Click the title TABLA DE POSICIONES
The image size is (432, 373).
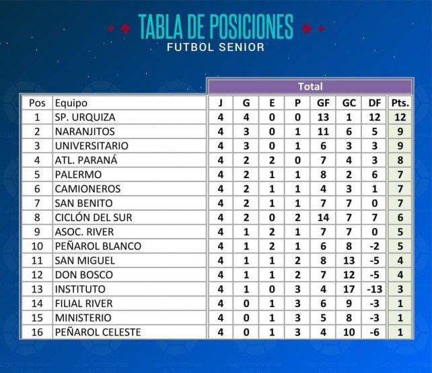pyautogui.click(x=216, y=26)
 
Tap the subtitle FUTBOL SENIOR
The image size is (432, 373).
pyautogui.click(x=216, y=47)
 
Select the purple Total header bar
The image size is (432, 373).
pyautogui.click(x=310, y=87)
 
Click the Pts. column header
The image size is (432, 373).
pyautogui.click(x=400, y=103)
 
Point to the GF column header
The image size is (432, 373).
pyautogui.click(x=323, y=103)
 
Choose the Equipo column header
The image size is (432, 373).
pyautogui.click(x=71, y=103)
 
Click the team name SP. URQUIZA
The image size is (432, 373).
pyautogui.click(x=85, y=118)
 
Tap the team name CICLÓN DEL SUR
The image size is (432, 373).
pyautogui.click(x=94, y=217)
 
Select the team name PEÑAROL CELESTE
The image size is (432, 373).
pyautogui.click(x=98, y=332)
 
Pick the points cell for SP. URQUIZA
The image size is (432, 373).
pyautogui.click(x=400, y=118)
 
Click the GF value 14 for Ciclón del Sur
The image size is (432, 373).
pyautogui.click(x=323, y=218)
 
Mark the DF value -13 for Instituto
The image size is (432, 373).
pyautogui.click(x=375, y=289)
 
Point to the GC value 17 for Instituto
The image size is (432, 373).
pyautogui.click(x=349, y=289)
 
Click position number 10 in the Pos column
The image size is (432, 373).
pyautogui.click(x=37, y=246)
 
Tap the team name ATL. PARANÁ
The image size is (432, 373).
pyautogui.click(x=86, y=160)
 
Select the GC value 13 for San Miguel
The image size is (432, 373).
pyautogui.click(x=349, y=261)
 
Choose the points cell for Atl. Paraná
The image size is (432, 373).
pyautogui.click(x=400, y=161)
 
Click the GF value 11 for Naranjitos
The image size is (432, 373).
pyautogui.click(x=323, y=132)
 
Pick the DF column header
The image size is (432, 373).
pyautogui.click(x=375, y=103)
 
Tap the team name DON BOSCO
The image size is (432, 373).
pyautogui.click(x=84, y=275)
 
